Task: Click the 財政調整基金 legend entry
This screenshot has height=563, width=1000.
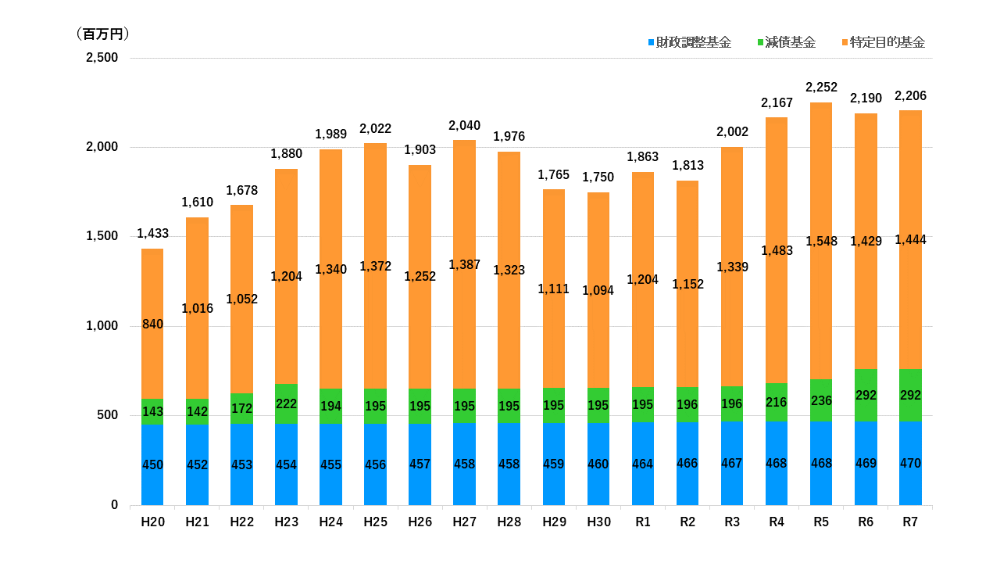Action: click(690, 42)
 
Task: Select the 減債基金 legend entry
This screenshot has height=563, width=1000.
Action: click(787, 42)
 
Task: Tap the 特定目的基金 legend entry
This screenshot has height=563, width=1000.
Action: click(884, 42)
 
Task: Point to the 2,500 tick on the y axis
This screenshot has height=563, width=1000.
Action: click(102, 58)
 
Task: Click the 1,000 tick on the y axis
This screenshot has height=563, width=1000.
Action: click(102, 326)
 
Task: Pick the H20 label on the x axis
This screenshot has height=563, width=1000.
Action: click(152, 522)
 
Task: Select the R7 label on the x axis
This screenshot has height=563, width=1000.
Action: click(910, 522)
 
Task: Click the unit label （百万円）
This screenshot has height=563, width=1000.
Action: click(103, 34)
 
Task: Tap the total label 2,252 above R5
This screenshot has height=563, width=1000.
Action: click(821, 87)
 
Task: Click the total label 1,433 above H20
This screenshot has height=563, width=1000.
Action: click(152, 233)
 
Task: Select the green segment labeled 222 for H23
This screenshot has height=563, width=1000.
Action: click(286, 404)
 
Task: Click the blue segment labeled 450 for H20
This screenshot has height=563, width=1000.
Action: click(152, 464)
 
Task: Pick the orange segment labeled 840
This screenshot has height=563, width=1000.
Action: click(152, 324)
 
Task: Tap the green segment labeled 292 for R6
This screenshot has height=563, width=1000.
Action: click(866, 396)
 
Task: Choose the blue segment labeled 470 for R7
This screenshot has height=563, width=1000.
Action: click(910, 464)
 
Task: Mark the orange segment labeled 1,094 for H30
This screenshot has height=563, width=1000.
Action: click(598, 290)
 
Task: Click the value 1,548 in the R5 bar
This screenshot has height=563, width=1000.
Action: click(821, 242)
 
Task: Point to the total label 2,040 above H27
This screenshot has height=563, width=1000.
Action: click(464, 126)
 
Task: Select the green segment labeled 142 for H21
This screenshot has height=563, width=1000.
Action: click(197, 411)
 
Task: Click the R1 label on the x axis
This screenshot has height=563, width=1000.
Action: click(643, 522)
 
